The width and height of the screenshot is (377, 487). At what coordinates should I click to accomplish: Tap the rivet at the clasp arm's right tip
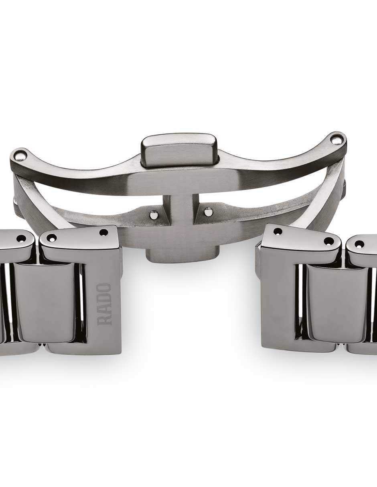pos(335,141)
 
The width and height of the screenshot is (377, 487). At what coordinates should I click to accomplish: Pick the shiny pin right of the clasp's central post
pos(208,211)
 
